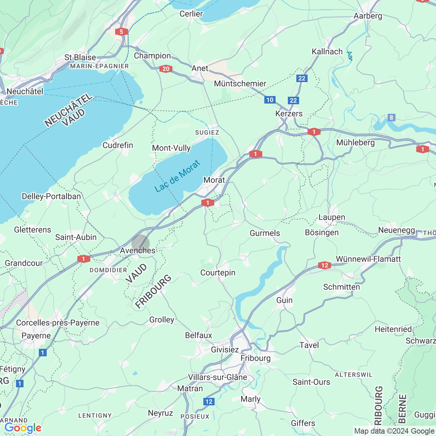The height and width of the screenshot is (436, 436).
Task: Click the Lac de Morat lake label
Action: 177,176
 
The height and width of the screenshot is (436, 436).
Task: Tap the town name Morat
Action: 214,180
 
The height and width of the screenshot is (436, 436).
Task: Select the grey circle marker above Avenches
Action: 140,244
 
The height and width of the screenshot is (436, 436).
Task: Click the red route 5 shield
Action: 121,32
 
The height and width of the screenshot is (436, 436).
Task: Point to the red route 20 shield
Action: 166,69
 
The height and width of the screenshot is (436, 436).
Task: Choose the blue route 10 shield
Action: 270,100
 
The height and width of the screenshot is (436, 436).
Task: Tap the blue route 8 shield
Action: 391,118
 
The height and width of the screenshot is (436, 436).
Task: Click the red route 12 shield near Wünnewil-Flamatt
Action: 324,265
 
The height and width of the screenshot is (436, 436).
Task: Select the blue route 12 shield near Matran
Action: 209,402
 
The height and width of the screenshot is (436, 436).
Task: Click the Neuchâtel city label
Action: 25,91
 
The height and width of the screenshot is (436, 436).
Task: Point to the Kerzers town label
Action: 289,113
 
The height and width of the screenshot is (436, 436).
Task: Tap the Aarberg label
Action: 368,16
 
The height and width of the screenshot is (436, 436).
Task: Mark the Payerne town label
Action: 36,336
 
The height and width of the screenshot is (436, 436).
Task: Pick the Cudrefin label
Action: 118,145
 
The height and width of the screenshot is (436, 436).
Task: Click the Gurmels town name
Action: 265,233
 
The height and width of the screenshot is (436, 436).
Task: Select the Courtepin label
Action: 218,272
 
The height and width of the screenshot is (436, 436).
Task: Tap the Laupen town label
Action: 331,217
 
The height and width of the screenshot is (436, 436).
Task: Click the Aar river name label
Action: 349,56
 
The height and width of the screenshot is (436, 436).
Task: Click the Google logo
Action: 23,428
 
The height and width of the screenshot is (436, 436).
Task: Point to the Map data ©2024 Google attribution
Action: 394,431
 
